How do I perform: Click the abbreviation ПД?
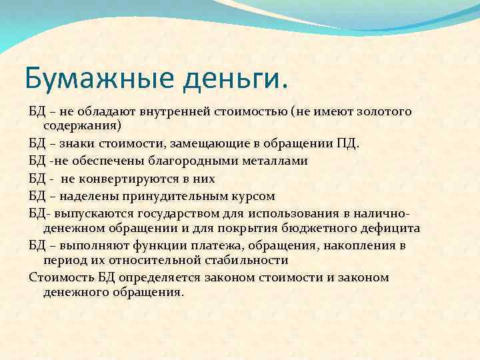[x=348, y=143]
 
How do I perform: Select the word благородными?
[x=175, y=161]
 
